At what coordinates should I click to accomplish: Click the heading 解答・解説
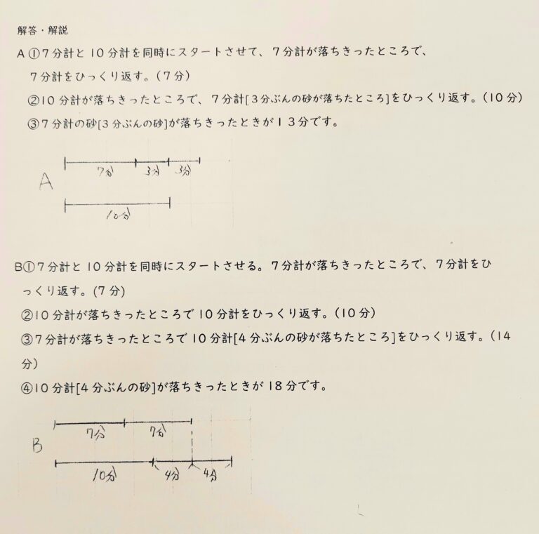point(43,30)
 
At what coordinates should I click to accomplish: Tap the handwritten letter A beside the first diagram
point(47,183)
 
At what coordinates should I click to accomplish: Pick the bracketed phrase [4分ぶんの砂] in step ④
point(121,387)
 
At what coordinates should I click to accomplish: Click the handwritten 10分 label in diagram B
point(104,476)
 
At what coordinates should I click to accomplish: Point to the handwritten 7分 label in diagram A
point(106,172)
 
